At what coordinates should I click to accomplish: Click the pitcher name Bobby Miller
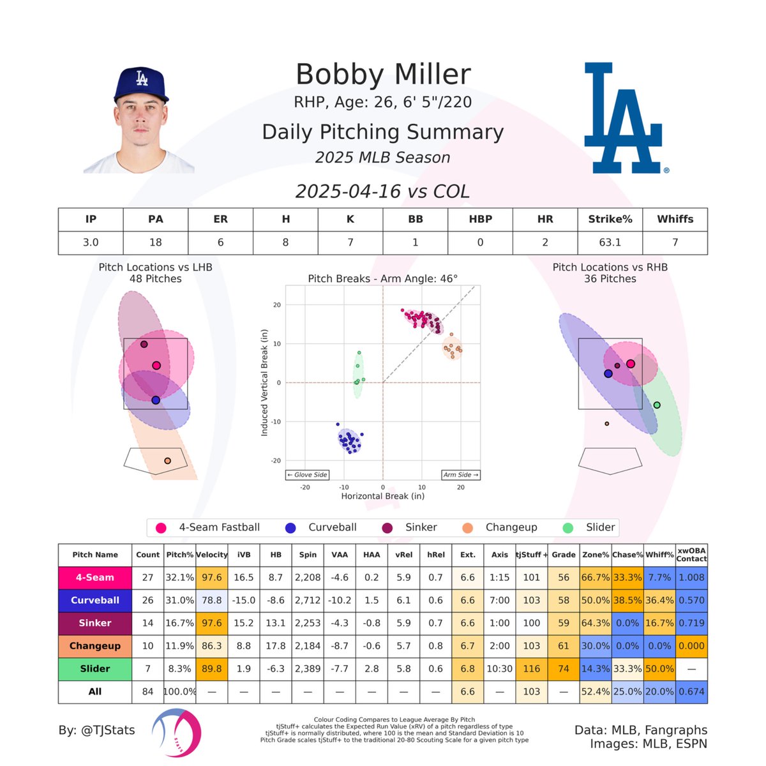pos(383,75)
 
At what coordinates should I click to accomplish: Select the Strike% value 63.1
pos(610,243)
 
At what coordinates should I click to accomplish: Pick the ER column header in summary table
pos(220,219)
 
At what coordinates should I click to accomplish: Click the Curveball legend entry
pos(332,527)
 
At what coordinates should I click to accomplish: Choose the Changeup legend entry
pos(511,527)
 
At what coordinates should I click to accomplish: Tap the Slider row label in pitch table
pos(94,668)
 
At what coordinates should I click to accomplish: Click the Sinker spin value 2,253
pos(308,623)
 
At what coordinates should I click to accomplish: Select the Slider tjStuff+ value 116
pos(531,668)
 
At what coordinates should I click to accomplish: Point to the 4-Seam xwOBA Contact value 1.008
pos(691,577)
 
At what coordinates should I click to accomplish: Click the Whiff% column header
pos(659,555)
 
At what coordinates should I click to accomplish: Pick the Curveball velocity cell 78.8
pos(211,600)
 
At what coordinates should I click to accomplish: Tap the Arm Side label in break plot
pos(461,475)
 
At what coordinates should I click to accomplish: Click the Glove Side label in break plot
pos(307,475)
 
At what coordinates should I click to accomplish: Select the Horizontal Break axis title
pos(382,496)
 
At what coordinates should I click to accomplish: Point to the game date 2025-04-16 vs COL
pos(383,191)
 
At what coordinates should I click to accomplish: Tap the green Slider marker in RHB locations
pos(657,405)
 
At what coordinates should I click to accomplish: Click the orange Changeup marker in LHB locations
pos(167,461)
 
